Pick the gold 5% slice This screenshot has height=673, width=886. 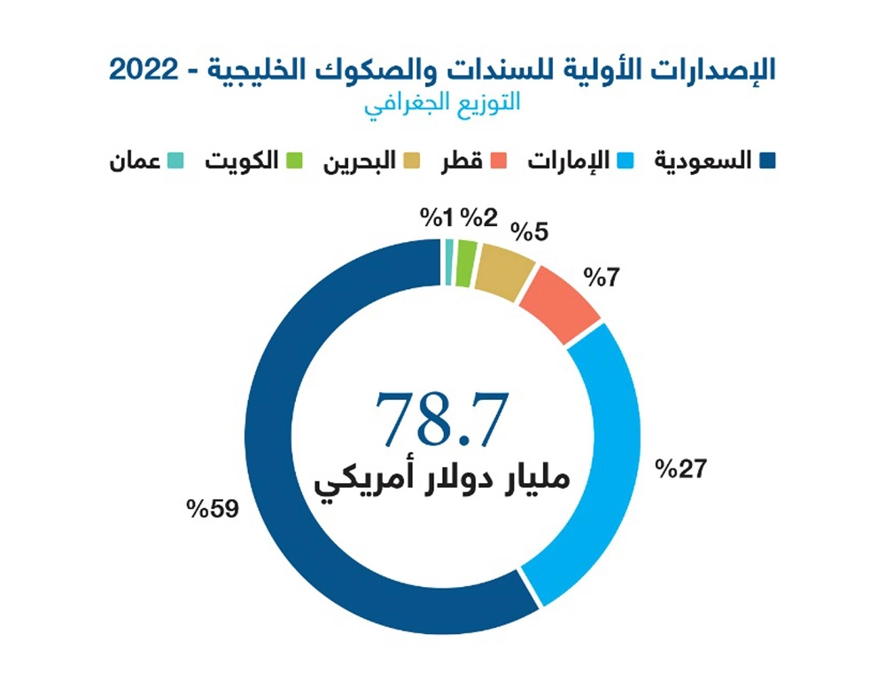[x=504, y=270]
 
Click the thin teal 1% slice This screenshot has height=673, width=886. [x=449, y=251]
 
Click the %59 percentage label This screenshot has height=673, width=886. [x=214, y=510]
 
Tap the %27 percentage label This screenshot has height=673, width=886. [x=679, y=467]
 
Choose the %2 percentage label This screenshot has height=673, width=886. [x=479, y=217]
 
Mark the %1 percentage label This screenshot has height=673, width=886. [x=437, y=217]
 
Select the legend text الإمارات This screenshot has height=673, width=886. [x=575, y=160]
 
